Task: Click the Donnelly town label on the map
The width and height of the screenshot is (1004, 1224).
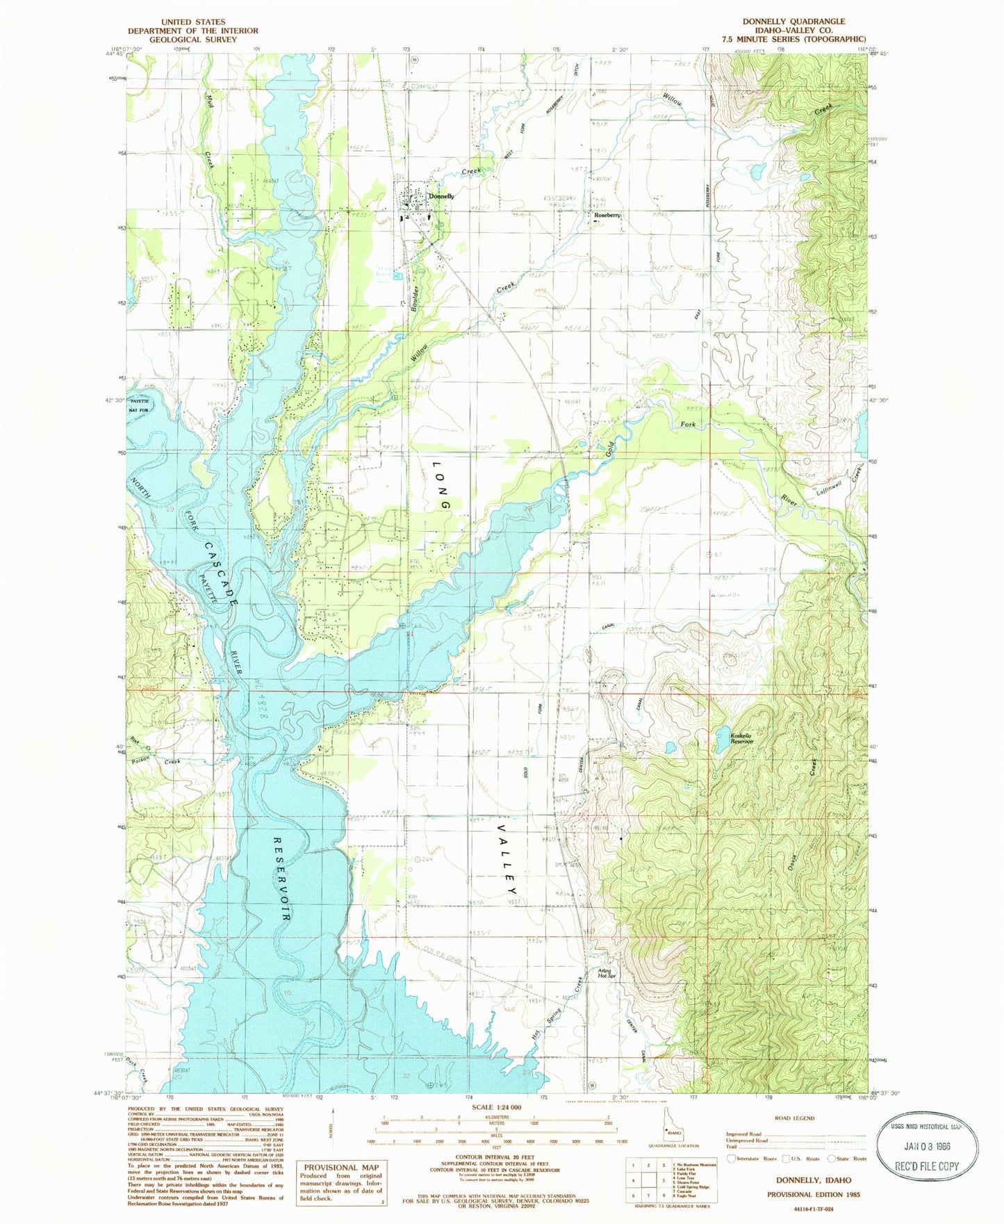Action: click(441, 196)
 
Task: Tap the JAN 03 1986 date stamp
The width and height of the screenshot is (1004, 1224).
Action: click(927, 1146)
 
